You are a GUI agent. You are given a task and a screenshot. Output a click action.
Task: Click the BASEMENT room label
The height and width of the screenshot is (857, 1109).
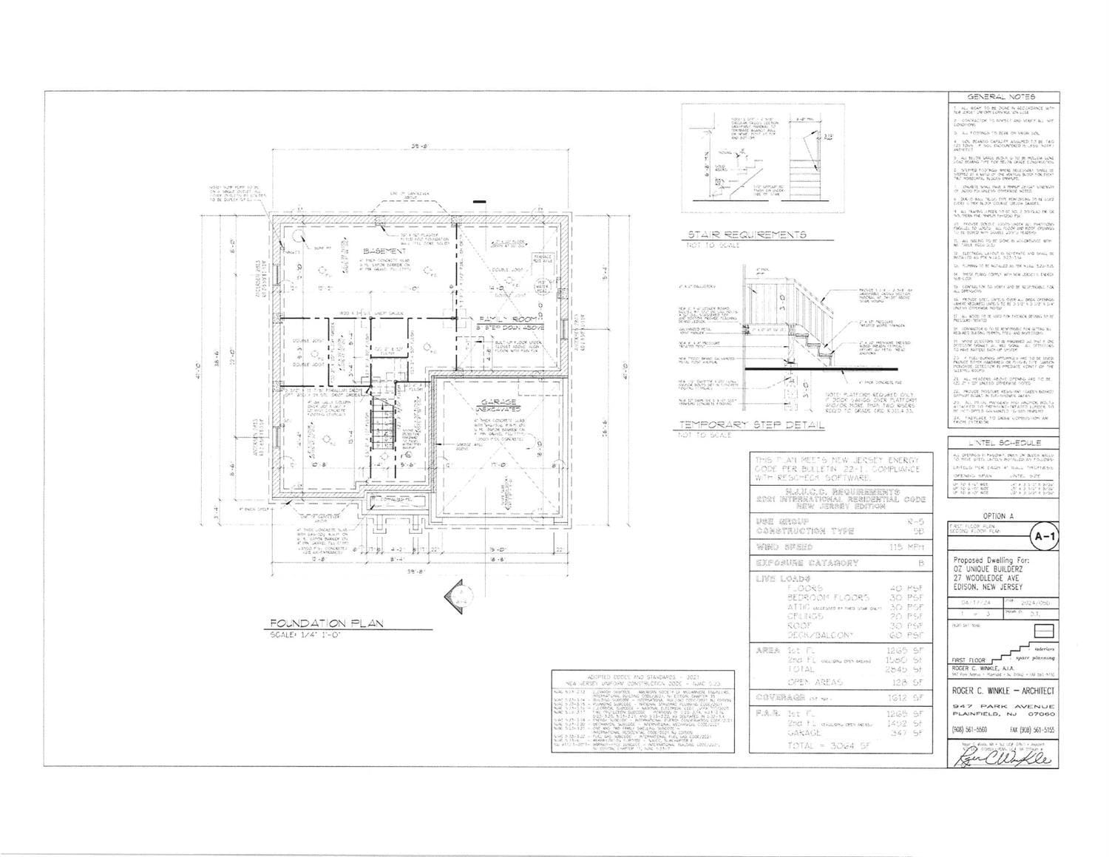(x=389, y=251)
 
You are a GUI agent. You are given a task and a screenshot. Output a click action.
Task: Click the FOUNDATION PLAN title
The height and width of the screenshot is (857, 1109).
(x=326, y=623)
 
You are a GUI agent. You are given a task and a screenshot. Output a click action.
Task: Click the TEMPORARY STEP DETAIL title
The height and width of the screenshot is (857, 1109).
(x=751, y=425)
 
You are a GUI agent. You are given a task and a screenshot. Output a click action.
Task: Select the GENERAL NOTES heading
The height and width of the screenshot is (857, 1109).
(x=1002, y=97)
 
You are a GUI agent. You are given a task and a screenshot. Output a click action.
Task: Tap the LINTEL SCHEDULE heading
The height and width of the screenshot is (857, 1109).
(x=1003, y=442)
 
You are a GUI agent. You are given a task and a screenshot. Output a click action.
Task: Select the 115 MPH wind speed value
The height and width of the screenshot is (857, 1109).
(x=909, y=547)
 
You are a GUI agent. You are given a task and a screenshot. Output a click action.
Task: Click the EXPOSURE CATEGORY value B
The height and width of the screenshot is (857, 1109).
(x=920, y=563)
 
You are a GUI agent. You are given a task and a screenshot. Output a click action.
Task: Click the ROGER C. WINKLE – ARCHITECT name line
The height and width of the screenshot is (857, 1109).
(x=1003, y=691)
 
